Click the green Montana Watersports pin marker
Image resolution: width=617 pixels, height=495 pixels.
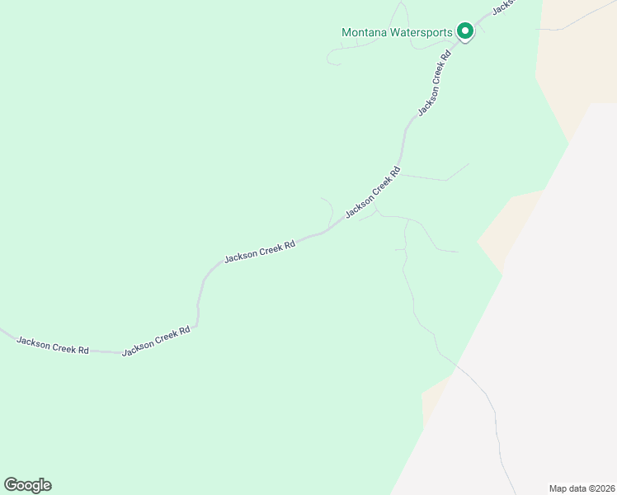coord(464,32)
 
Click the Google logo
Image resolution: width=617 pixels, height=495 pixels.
coord(27,485)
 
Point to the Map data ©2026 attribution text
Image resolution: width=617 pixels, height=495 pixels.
coord(582,488)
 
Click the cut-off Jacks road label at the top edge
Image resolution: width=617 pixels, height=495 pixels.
coord(503,7)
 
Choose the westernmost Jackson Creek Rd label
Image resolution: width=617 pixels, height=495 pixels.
coord(53,345)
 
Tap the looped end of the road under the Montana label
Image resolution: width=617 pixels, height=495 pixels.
coord(332,57)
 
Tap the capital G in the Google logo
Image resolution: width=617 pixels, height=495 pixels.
coord(10,485)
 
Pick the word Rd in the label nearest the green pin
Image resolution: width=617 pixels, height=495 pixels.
coord(445,57)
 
